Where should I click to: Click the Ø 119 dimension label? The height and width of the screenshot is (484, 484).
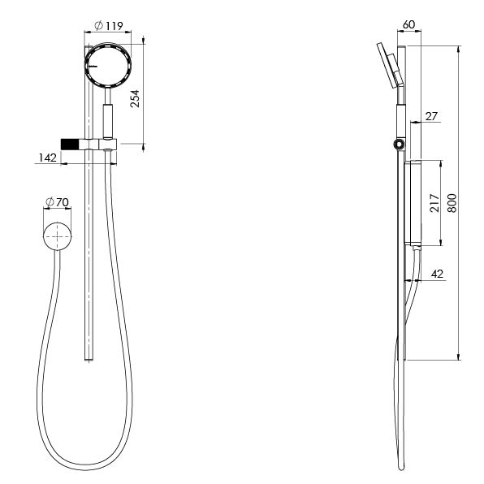coord(109,25)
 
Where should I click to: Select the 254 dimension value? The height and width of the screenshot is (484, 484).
coord(135,99)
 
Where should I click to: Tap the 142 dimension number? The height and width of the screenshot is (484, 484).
coord(48,158)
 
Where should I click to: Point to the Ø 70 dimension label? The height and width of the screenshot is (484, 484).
coord(57,202)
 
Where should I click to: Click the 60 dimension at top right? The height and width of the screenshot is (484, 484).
coord(408,24)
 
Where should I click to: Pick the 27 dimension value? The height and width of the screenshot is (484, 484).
coord(431,116)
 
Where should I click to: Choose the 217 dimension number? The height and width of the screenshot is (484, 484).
coord(434,203)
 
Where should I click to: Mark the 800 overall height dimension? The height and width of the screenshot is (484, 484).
coord(452,203)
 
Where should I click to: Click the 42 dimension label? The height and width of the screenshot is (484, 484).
coord(437,274)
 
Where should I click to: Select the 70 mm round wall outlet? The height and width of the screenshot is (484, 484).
coord(57,236)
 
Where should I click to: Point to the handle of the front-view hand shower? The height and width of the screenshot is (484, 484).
coord(108,121)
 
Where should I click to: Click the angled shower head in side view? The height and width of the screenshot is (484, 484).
coord(390,66)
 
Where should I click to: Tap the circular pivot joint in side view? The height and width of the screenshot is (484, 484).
coord(398,144)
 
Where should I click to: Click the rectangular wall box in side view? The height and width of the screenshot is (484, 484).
coord(413,203)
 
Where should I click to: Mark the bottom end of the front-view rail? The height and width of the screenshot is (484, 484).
coord(89,360)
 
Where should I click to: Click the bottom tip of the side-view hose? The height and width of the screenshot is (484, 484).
coord(401,469)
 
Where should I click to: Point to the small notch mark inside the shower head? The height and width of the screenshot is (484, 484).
coord(93,66)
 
